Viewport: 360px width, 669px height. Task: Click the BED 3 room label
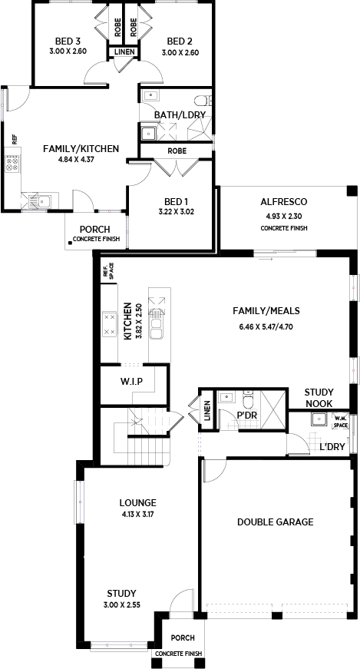click(x=68, y=41)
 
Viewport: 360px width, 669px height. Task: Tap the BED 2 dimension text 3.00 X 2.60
click(x=180, y=53)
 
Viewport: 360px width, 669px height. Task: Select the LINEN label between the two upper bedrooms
click(x=125, y=52)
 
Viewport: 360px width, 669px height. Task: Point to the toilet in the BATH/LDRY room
click(x=203, y=101)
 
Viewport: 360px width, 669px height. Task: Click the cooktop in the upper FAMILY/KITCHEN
click(x=12, y=164)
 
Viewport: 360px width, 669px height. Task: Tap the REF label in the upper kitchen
click(x=14, y=139)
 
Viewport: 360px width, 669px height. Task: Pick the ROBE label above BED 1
click(x=177, y=151)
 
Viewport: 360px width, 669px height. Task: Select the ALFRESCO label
click(x=284, y=202)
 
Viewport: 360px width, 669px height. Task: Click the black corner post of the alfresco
click(x=352, y=190)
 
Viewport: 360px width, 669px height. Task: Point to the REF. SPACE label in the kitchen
click(x=109, y=271)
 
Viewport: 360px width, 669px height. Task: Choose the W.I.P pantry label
click(x=131, y=380)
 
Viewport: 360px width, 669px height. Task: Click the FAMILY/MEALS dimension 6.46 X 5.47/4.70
click(x=266, y=328)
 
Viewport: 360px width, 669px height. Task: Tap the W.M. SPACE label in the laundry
click(x=341, y=422)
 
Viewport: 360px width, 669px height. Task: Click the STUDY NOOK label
click(x=319, y=398)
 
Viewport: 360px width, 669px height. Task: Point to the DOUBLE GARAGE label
click(x=276, y=522)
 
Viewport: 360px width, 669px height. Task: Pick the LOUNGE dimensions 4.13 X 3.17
click(x=137, y=514)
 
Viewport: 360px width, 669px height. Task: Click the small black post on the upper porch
click(x=70, y=243)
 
